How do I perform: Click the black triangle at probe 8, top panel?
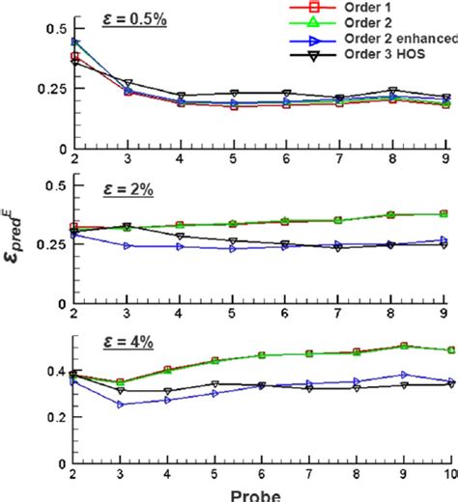tap(391, 91)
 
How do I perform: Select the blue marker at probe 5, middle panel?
tap(231, 248)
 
